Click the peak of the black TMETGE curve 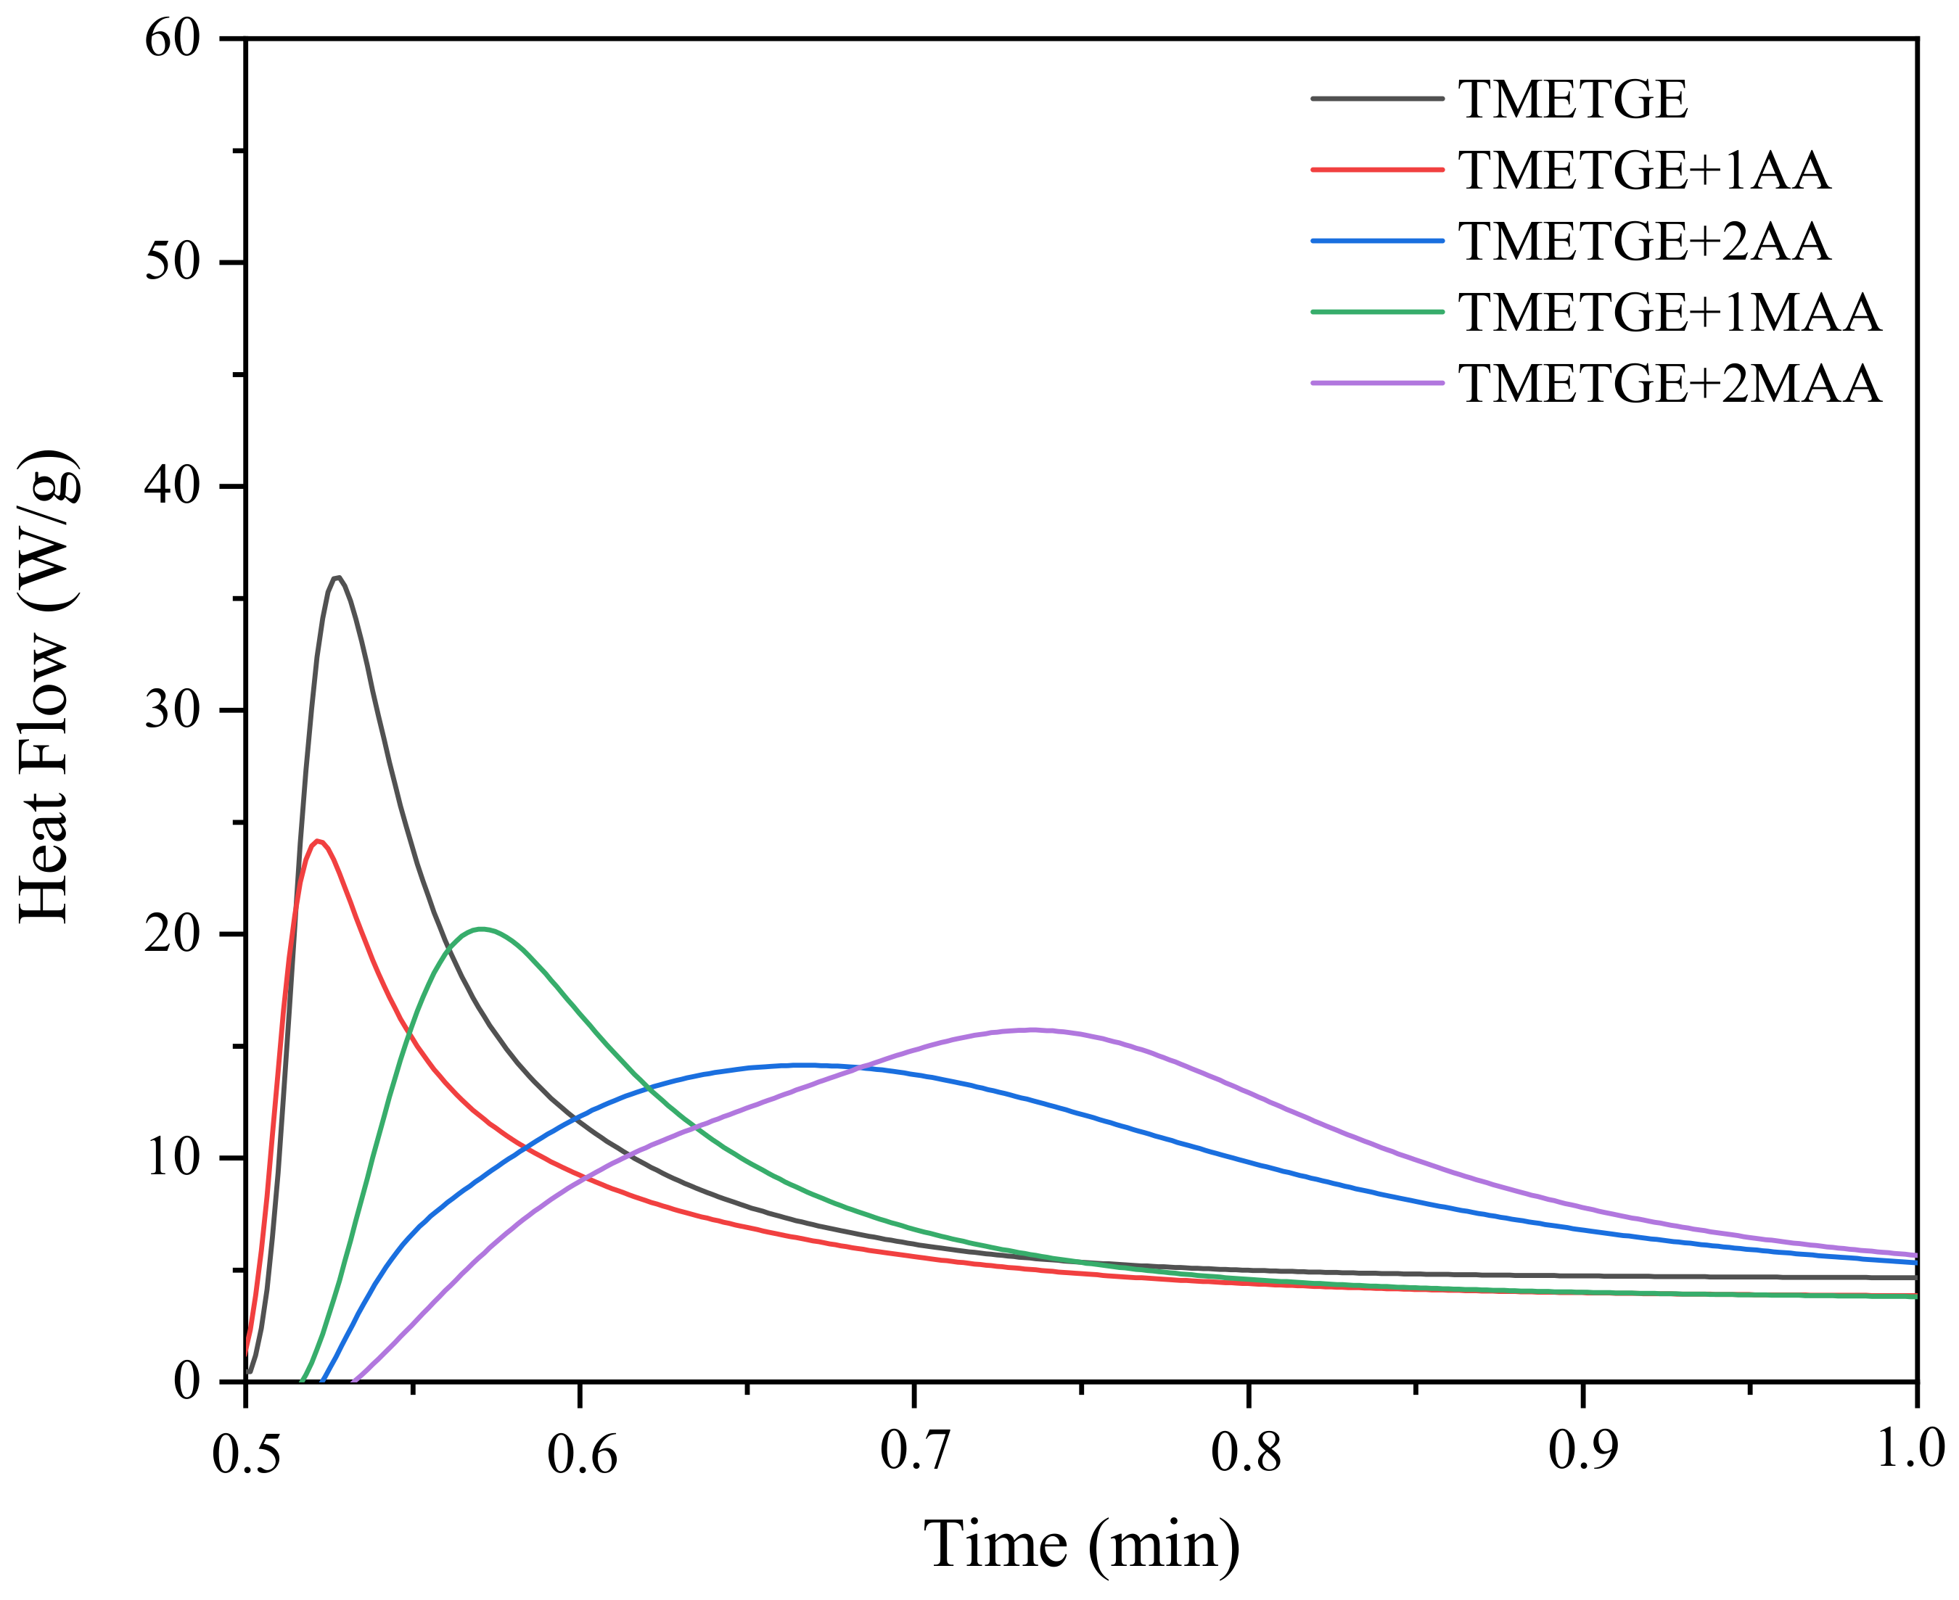point(338,578)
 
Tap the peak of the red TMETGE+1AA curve point(318,841)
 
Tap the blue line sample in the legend point(1376,242)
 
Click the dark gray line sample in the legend point(1376,99)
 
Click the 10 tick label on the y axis point(173,1158)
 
